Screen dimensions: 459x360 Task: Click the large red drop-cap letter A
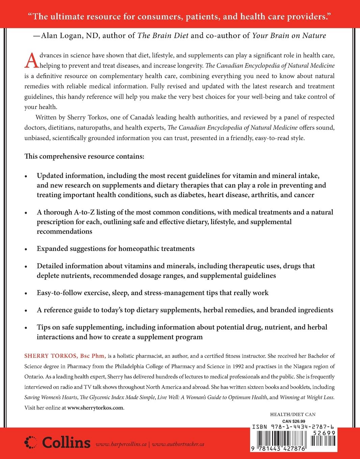[30, 61]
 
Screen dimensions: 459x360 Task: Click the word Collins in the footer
[65, 442]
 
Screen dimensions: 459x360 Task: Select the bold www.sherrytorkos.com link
[96, 407]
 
